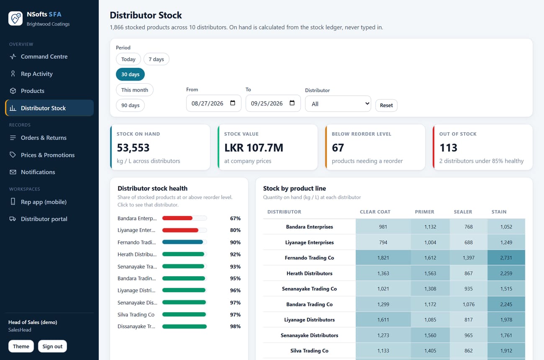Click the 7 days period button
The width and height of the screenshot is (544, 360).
coord(156,59)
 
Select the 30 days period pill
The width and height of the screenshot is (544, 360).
coord(130,74)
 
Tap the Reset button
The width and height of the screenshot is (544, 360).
coord(386,105)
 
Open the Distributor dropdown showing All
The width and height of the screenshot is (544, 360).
coord(338,104)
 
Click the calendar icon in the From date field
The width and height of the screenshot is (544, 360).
coord(233,103)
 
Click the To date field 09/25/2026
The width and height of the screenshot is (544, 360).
coord(273,103)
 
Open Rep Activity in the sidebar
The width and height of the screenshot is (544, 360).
coord(37,74)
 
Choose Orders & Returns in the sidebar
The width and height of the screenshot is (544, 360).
coord(44,138)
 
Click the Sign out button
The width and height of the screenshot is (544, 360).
coord(52,346)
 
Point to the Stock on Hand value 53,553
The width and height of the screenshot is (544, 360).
coord(133,147)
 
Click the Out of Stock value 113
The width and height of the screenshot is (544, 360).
coord(448,147)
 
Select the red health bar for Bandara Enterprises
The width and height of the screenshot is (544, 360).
coord(177,218)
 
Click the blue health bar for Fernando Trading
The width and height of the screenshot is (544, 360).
coord(182,242)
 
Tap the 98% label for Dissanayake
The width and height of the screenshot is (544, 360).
coord(235,326)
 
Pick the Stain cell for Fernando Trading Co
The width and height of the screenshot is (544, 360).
coord(506,257)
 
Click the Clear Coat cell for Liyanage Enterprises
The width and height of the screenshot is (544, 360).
coord(383,242)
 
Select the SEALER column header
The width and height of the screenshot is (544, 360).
coord(463,211)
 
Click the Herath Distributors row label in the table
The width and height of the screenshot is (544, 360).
coord(309,273)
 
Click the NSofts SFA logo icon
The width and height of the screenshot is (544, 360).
coord(15,18)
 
